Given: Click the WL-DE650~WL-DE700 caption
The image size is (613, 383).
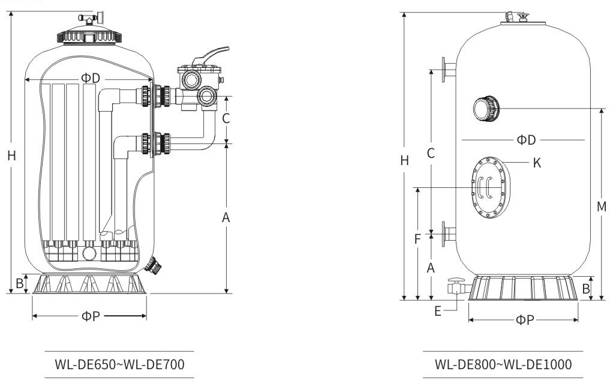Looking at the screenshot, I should coord(119,364).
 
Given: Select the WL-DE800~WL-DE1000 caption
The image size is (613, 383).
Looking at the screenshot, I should coord(503,364).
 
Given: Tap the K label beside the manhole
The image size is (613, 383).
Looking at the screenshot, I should coord(537,162).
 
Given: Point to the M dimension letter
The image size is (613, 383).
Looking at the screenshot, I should coord(602,207).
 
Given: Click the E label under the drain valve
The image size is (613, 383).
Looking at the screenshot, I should coord(438,310).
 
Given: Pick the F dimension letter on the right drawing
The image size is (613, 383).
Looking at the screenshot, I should coord(417,238).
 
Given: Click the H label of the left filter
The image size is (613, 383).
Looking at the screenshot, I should coord(11,155).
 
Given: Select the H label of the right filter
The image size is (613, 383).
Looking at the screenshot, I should coord(405,160).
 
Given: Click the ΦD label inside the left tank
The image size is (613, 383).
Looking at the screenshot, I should coord(91,79).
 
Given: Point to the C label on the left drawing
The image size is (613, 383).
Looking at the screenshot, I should coord(226,118).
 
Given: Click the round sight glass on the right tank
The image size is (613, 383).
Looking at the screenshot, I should coord(483,108).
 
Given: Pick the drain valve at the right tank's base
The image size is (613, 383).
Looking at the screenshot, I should coord(456,286).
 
